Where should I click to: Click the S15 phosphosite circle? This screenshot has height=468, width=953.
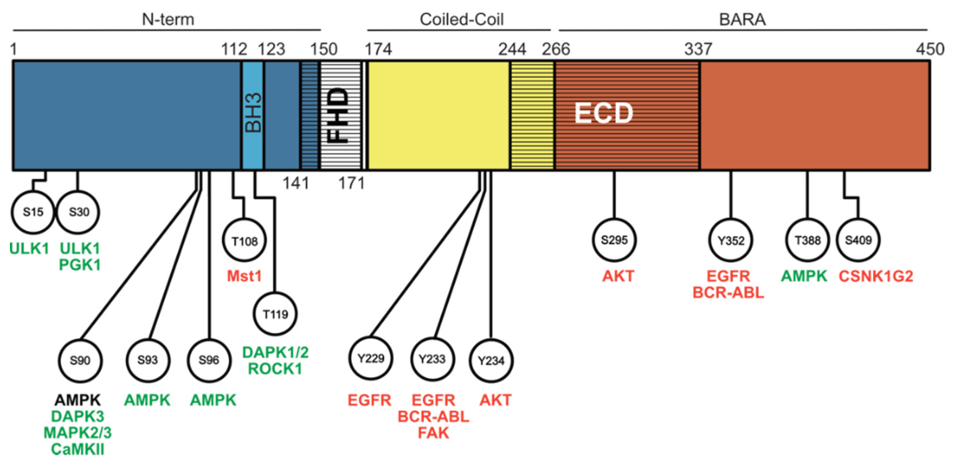point(33,212)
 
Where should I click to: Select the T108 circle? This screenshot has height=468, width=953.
point(245,241)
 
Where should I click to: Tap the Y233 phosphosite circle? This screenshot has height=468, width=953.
point(432,359)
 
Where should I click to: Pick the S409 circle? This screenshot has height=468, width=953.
point(858,240)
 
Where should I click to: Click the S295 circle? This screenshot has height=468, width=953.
point(614,240)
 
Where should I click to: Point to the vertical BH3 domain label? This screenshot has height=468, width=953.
point(253,113)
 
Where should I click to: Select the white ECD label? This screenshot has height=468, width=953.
point(603,113)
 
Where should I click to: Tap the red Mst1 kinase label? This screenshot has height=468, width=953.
point(244,276)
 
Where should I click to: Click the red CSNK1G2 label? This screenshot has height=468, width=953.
point(876,276)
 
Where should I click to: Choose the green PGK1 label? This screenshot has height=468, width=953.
point(80,265)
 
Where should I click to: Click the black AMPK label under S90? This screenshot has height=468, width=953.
point(78,400)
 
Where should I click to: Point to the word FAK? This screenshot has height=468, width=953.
point(433,432)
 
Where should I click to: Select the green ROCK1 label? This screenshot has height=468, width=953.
point(275,368)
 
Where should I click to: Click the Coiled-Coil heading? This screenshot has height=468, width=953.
point(461,19)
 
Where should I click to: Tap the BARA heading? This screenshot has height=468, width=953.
point(742,19)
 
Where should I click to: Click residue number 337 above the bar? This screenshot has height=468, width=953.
point(698,49)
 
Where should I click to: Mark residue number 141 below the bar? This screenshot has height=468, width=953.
point(296,183)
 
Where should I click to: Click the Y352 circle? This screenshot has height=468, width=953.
point(731,240)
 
